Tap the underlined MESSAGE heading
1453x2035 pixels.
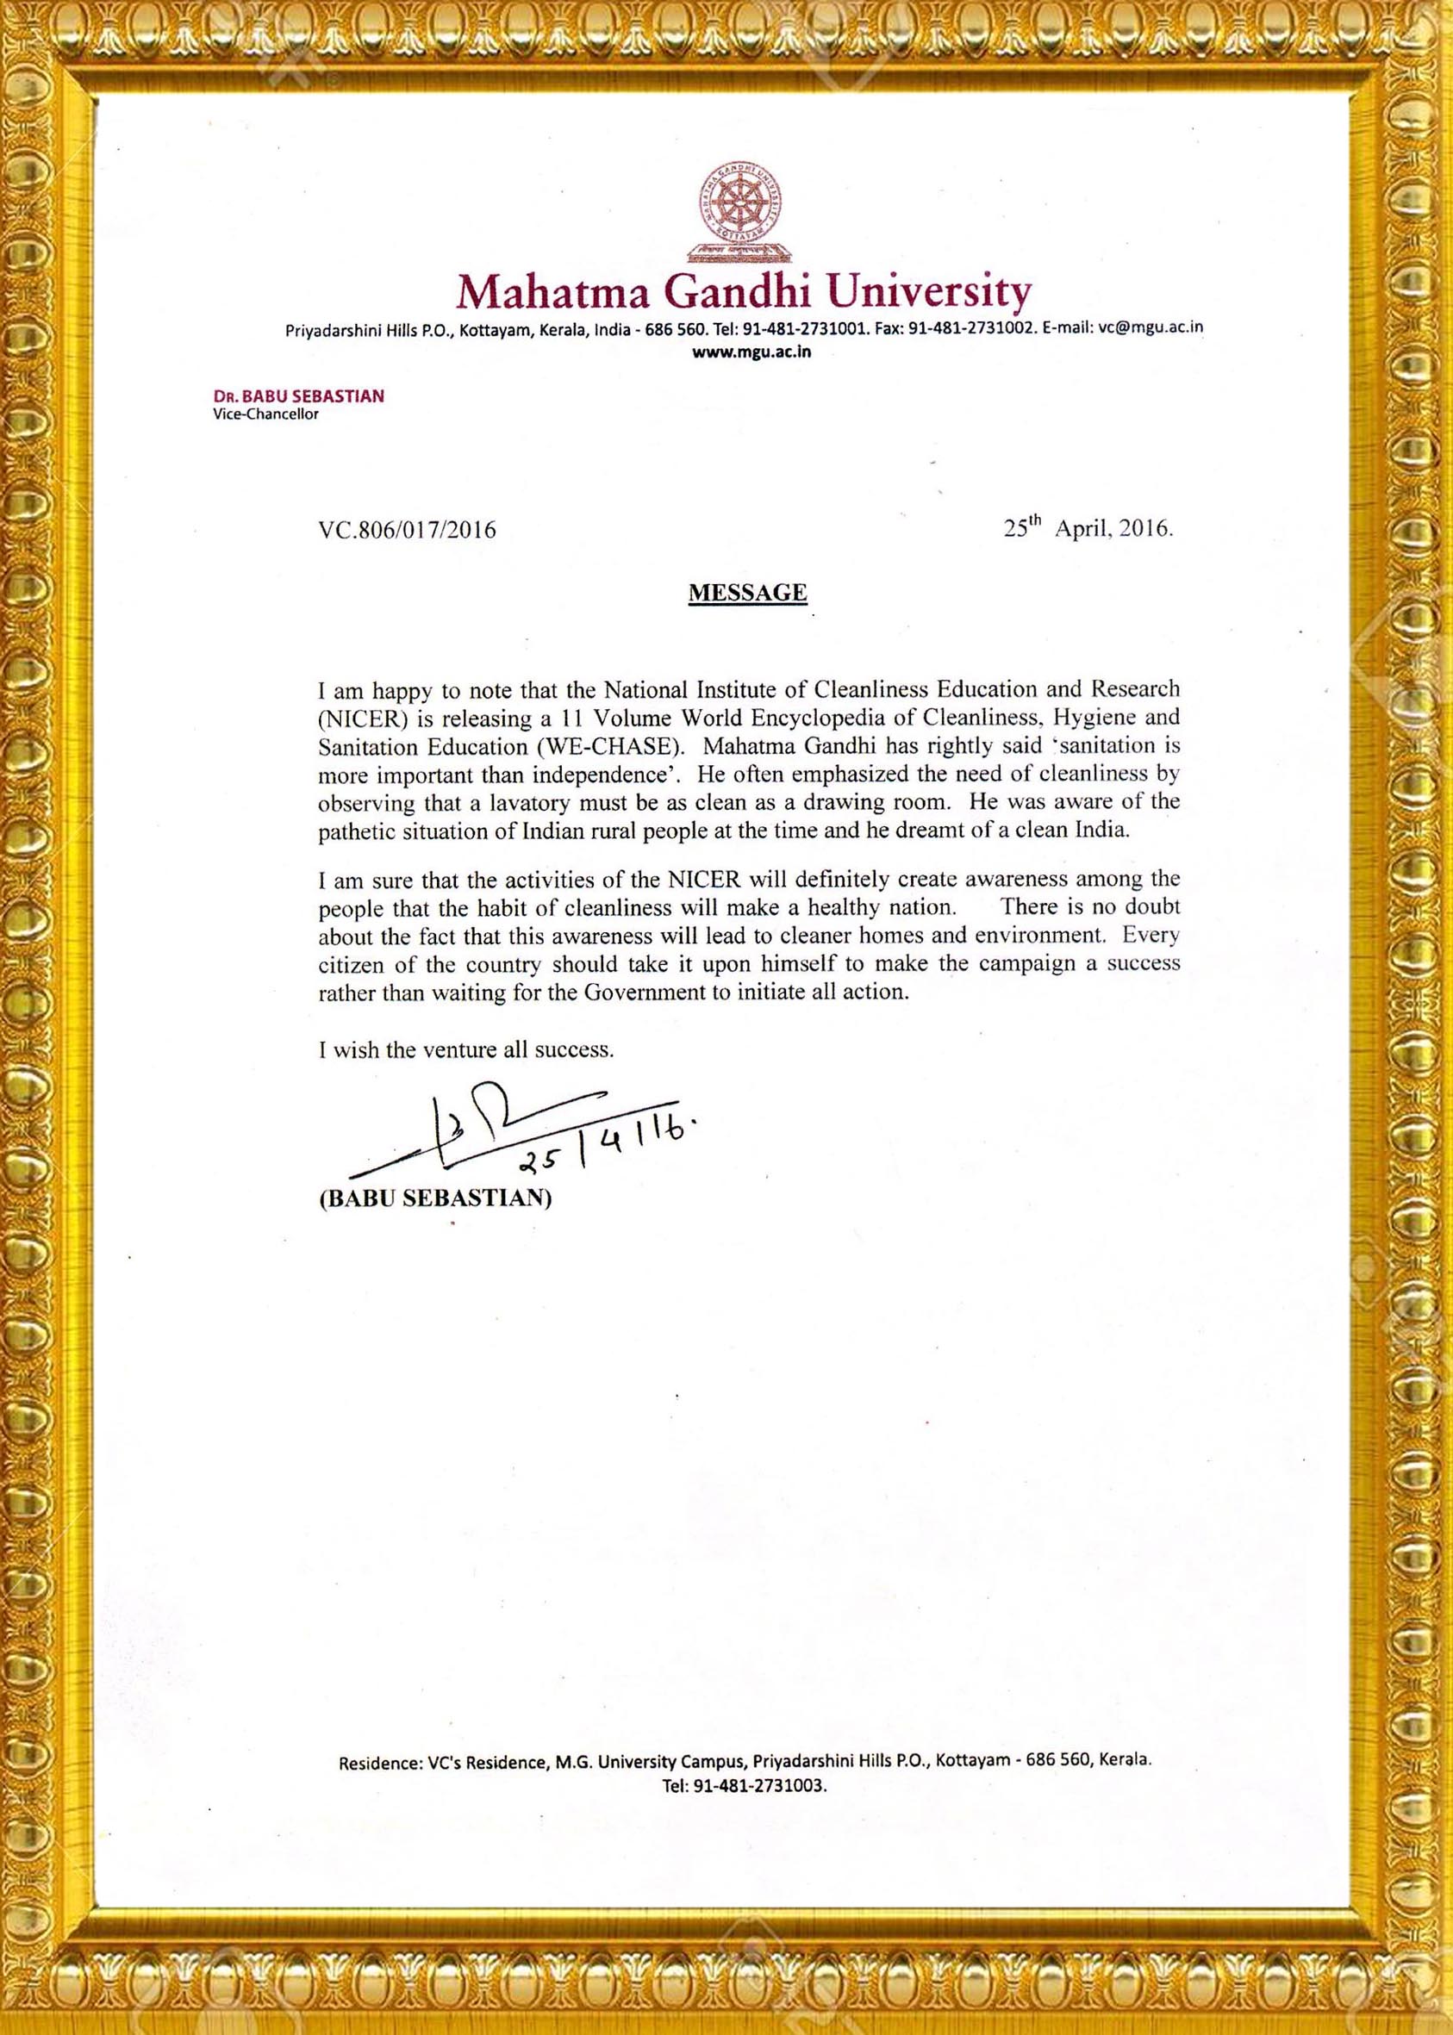747,592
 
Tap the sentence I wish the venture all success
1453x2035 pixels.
466,1050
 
